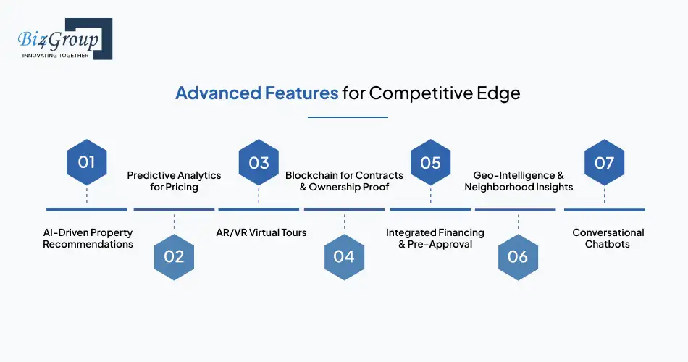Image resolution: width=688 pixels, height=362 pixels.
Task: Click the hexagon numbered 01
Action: (87, 162)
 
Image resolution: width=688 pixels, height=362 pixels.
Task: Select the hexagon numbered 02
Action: (174, 256)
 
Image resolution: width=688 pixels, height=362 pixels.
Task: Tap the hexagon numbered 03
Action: (259, 162)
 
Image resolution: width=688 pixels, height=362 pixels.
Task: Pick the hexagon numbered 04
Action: (344, 256)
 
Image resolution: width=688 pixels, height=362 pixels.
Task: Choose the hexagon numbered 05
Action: (430, 162)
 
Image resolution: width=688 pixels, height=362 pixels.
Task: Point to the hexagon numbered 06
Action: (518, 256)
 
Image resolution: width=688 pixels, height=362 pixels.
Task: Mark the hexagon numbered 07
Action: (604, 162)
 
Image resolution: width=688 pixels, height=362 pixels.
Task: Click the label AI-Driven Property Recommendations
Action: (88, 238)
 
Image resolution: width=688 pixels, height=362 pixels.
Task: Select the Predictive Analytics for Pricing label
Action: (174, 181)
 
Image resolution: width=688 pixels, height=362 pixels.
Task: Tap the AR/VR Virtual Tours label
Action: (261, 232)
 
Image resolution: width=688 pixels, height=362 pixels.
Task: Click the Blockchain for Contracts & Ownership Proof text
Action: (345, 181)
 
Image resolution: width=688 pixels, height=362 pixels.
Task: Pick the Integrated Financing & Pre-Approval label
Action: (435, 238)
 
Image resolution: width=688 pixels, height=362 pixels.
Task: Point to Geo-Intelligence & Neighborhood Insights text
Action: (519, 181)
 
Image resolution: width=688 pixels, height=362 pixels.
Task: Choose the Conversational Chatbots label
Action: (608, 238)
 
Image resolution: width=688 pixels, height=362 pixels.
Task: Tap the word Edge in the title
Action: (498, 93)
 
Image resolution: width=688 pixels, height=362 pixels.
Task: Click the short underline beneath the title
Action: (348, 117)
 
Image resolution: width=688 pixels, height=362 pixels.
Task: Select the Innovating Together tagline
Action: (56, 56)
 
